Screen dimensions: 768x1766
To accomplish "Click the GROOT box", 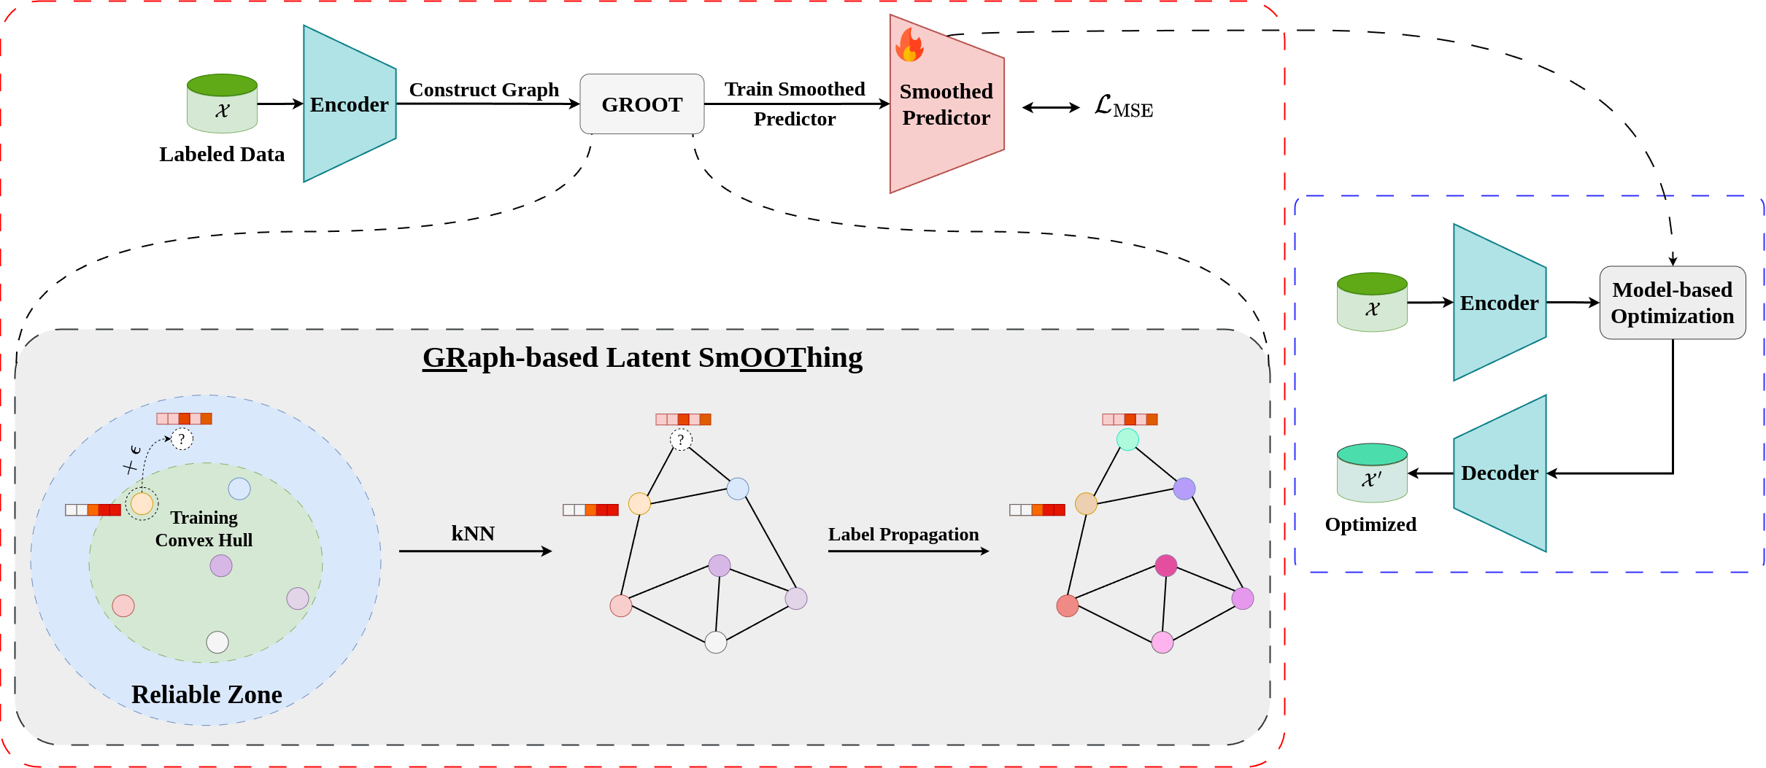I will (641, 104).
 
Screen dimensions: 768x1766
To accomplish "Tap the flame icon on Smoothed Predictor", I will (909, 45).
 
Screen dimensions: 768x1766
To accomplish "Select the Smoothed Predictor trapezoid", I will (946, 117).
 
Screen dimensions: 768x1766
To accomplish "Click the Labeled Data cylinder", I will (222, 104).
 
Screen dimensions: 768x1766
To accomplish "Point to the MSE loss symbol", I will (1123, 107).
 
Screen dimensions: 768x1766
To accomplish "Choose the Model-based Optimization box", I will (1672, 303).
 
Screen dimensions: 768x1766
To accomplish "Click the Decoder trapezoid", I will (1499, 473).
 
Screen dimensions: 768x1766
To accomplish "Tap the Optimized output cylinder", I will (1371, 473).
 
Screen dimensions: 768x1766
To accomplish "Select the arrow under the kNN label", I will (475, 551).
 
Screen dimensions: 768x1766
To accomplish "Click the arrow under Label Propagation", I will (908, 551).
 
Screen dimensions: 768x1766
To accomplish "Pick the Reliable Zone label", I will (207, 694).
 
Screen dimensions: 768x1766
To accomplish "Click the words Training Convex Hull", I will (204, 529).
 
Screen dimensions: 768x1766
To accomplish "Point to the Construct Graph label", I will (484, 90).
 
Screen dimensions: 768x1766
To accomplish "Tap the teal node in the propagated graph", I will (1127, 439).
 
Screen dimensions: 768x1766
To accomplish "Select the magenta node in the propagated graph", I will (1165, 565).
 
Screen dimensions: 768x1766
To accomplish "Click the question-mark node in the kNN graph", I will (681, 439).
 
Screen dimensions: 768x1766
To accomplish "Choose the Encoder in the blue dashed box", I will (1499, 303).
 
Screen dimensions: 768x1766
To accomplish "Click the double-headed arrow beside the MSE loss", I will (1051, 108).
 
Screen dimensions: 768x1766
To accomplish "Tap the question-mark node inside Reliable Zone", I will (182, 438).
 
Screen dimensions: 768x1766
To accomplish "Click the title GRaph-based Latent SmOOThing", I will (642, 357).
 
